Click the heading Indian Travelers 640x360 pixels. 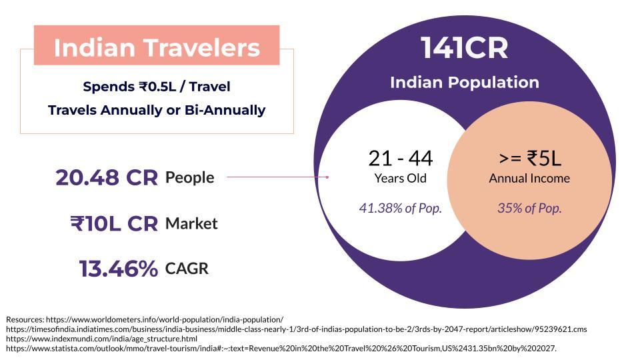coord(157,47)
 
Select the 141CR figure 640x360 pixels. coord(465,48)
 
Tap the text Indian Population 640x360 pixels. coord(465,83)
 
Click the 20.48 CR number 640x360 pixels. coord(107,177)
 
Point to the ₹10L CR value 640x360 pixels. coord(114,224)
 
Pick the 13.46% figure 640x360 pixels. coord(119,269)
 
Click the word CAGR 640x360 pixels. coord(187,269)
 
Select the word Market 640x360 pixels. coord(191,224)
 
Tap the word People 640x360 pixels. coord(190,178)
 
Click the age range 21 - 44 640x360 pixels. coord(401,159)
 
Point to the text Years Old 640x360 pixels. coord(401,179)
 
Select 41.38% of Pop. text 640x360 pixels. coord(401,208)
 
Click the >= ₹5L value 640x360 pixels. coord(530,159)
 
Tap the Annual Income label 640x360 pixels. coord(529,179)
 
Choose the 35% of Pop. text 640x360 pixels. coord(529,208)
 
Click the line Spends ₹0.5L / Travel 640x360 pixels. coord(157,87)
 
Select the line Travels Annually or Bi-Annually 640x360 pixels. coord(157,110)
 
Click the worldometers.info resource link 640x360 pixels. coord(165,319)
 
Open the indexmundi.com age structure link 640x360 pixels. coord(101,339)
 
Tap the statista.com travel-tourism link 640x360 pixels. coord(281,349)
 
